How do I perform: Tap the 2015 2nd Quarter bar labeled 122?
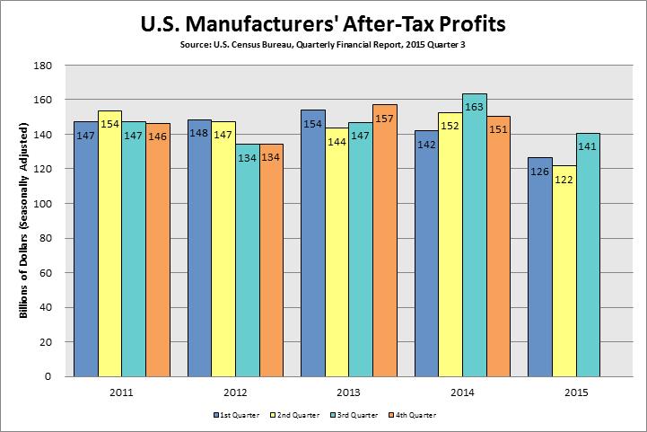tap(564, 270)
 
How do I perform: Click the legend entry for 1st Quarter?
tap(234, 416)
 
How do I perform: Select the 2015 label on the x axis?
tap(575, 392)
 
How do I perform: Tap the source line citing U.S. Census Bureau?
tap(323, 43)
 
